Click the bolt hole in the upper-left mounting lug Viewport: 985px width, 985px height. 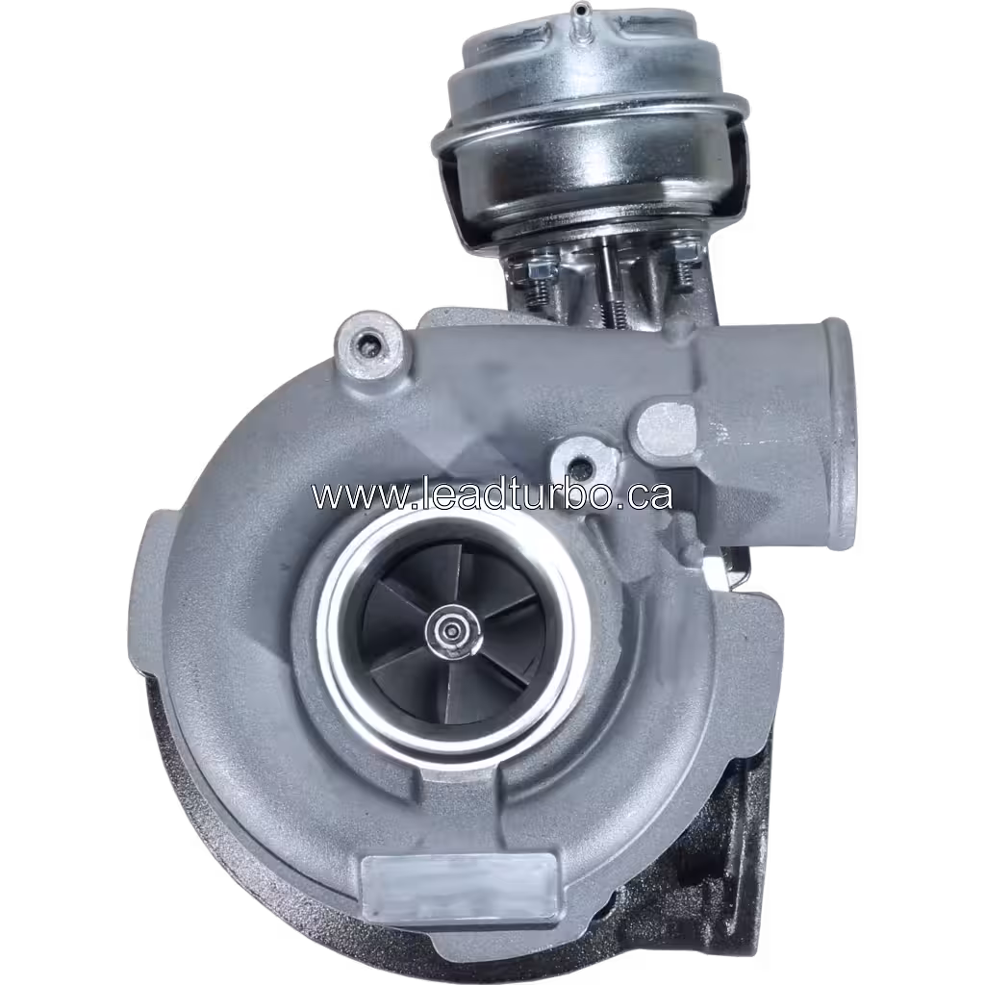click(x=367, y=340)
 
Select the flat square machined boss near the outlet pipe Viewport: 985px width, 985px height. click(x=667, y=426)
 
